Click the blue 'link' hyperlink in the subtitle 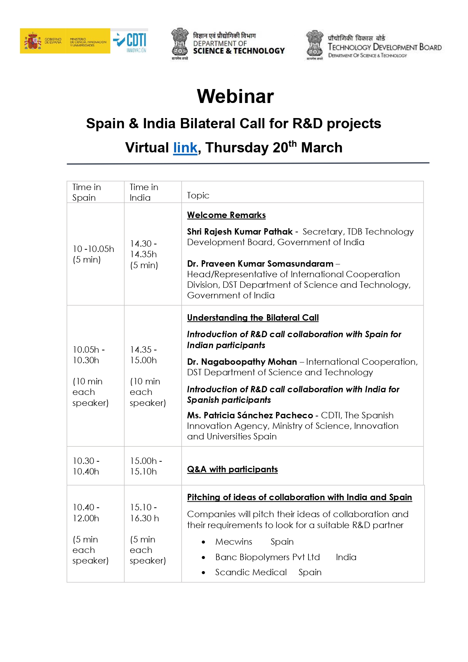(x=185, y=148)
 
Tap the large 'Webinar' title (x=235, y=96)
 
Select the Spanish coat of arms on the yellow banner (x=33, y=41)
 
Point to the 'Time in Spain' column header (x=87, y=192)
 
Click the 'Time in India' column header (x=144, y=192)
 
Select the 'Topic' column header (x=198, y=195)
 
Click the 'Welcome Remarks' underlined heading (x=226, y=215)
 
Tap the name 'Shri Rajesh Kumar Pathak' (x=240, y=232)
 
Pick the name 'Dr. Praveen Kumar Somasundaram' (x=260, y=264)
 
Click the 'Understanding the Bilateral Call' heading (x=253, y=318)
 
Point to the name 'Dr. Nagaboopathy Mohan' (x=242, y=362)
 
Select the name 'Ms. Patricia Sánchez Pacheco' (x=250, y=415)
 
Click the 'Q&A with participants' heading (x=232, y=469)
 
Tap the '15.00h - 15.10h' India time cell (x=146, y=466)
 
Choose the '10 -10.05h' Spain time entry (x=93, y=249)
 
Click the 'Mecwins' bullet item (x=234, y=542)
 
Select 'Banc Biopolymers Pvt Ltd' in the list (x=267, y=557)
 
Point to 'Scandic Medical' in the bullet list (x=251, y=572)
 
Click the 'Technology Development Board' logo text (x=384, y=47)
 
